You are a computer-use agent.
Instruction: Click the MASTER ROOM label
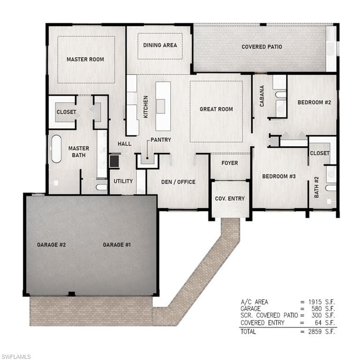[85, 59]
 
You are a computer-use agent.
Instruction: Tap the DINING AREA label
[160, 45]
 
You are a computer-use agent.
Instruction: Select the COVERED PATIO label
[262, 47]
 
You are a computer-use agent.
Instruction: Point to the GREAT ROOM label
[216, 109]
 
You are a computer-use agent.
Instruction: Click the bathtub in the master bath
[56, 149]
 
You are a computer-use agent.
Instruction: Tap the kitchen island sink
[161, 106]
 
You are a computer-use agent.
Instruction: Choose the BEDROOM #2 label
[315, 102]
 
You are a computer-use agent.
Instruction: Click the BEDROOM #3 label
[279, 176]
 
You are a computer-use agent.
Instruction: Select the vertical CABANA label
[262, 96]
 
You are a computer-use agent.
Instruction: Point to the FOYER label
[230, 163]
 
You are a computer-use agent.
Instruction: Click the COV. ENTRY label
[230, 199]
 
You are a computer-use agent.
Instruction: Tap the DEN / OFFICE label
[178, 182]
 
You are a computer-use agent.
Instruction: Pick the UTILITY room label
[123, 181]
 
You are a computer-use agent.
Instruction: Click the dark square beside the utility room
[114, 161]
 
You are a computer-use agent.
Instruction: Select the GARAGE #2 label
[52, 245]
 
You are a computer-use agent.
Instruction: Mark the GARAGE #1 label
[117, 245]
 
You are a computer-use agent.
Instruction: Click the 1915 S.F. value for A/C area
[322, 302]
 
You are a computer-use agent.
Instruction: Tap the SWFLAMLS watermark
[15, 357]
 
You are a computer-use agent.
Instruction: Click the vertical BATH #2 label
[316, 187]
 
